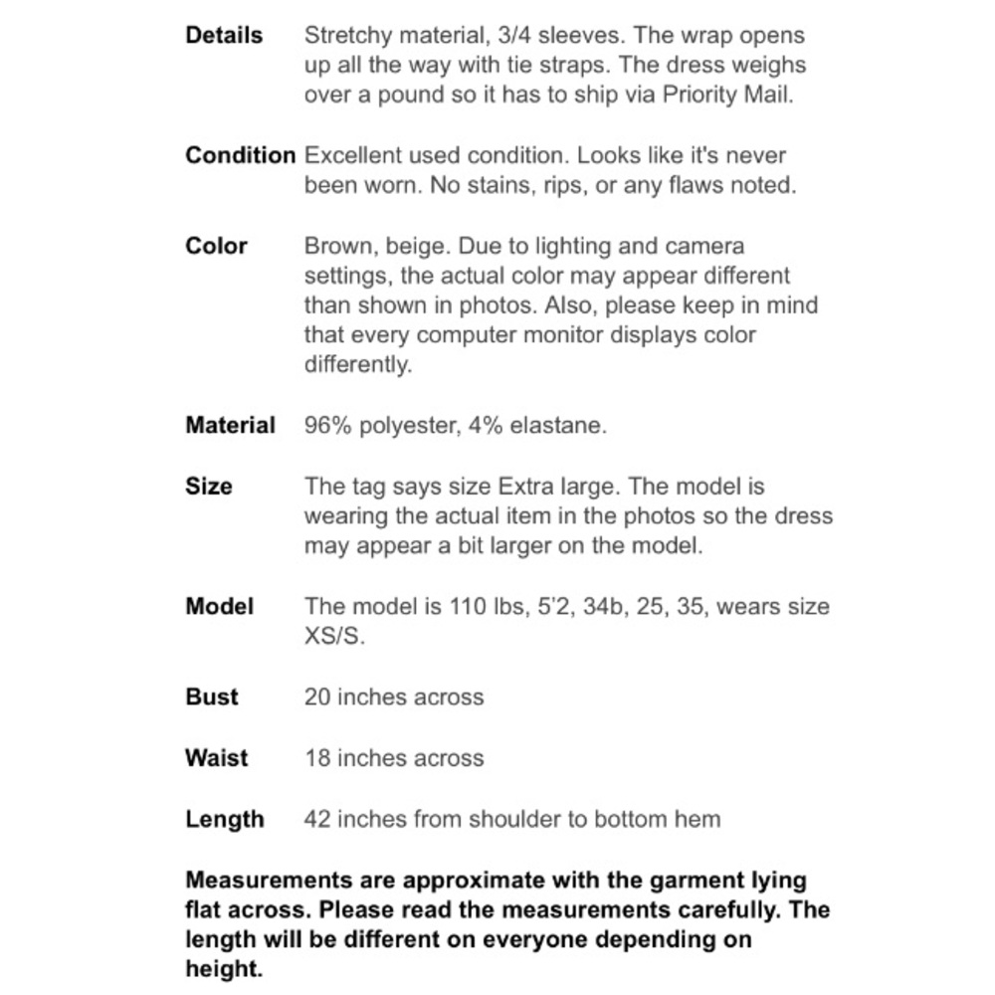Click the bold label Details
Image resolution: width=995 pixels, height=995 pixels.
[x=224, y=35]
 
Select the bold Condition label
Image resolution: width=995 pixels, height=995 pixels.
[x=241, y=155]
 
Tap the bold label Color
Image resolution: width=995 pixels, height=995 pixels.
[x=216, y=246]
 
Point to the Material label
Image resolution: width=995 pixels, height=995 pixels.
[x=230, y=426]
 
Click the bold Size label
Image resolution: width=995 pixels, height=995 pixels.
[x=209, y=487]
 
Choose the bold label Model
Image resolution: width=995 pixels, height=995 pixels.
[x=220, y=606]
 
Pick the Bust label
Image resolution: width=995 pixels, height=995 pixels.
[x=212, y=696]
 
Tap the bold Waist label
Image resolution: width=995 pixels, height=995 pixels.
[x=216, y=757]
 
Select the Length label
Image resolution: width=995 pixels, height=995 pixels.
[x=225, y=819]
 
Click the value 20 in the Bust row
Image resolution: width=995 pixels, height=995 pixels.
[x=317, y=696]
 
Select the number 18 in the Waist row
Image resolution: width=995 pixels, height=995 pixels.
[x=317, y=757]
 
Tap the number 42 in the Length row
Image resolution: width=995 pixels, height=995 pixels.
[x=317, y=819]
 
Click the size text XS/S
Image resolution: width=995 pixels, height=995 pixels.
[x=334, y=636]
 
